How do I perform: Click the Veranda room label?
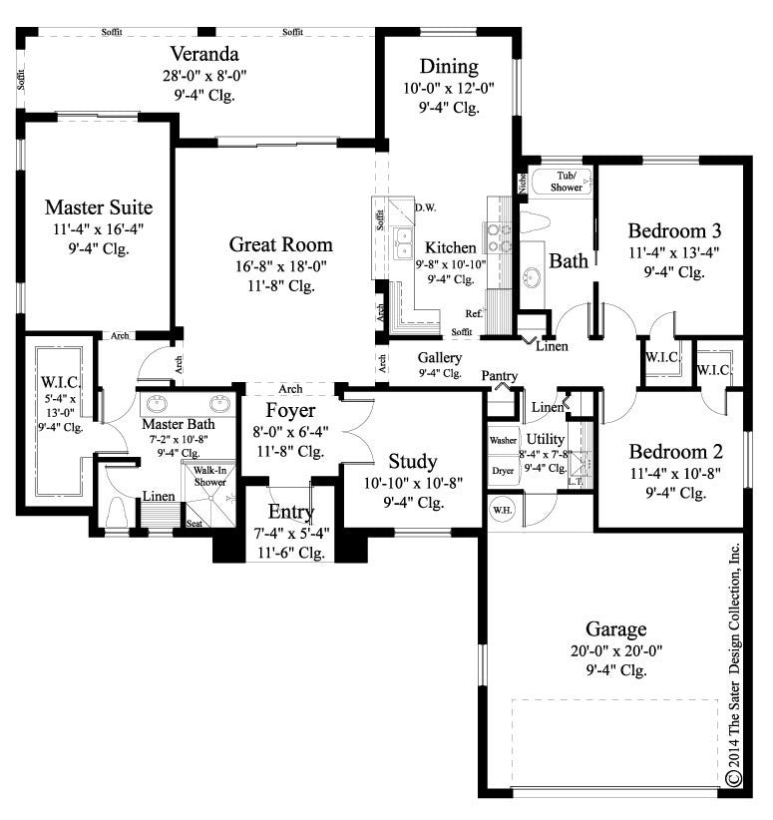[x=201, y=53]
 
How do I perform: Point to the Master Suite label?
[x=99, y=208]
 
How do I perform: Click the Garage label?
[x=615, y=628]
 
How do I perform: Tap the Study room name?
[x=412, y=461]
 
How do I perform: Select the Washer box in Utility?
[x=501, y=440]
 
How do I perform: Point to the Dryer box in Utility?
[x=501, y=469]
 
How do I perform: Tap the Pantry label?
[x=499, y=375]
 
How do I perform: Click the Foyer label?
[x=291, y=411]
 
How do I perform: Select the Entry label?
[x=291, y=513]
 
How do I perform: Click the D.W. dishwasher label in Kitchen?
[x=423, y=207]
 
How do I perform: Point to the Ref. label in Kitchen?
[x=474, y=313]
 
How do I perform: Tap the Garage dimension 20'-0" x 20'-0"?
[x=615, y=650]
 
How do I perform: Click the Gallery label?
[x=439, y=356]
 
